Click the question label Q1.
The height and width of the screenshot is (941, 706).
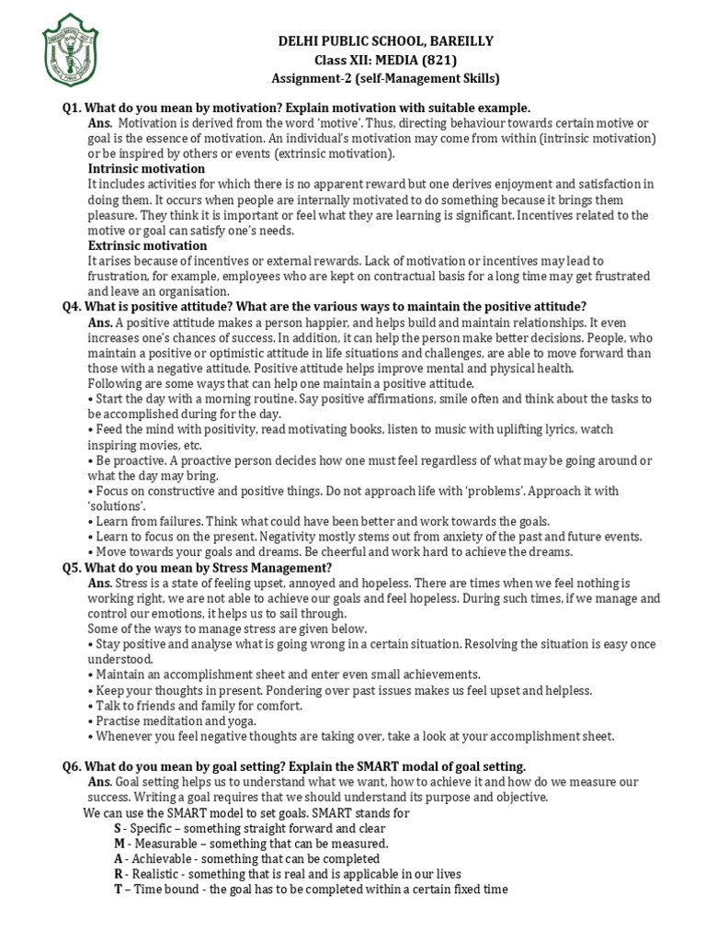coord(73,108)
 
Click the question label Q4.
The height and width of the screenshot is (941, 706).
coord(73,307)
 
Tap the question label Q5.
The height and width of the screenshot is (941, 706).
coord(73,568)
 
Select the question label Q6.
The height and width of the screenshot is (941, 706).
coord(73,766)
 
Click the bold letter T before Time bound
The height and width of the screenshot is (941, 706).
coord(118,890)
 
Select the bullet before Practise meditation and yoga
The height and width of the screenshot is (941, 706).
coord(90,721)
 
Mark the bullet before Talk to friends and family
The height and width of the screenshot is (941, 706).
coord(90,706)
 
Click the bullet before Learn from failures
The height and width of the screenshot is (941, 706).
coord(90,521)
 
